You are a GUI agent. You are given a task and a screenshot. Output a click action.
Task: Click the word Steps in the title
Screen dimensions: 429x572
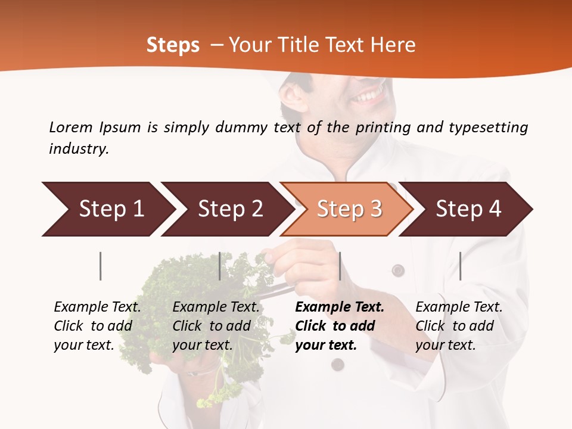click(x=173, y=45)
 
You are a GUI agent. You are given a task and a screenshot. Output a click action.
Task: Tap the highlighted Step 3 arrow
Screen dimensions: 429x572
click(x=349, y=209)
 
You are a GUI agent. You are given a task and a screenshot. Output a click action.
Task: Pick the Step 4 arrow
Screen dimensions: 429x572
click(x=468, y=209)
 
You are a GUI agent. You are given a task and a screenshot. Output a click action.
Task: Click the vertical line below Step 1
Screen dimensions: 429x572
click(x=101, y=266)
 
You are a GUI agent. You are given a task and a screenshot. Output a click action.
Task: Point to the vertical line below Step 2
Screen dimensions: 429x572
click(x=220, y=266)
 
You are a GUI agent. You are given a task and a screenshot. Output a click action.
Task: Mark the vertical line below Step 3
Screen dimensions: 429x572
click(x=340, y=266)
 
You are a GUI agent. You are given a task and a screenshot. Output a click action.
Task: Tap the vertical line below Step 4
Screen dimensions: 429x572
click(x=460, y=266)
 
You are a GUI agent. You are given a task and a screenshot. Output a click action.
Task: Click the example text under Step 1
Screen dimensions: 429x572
click(x=97, y=326)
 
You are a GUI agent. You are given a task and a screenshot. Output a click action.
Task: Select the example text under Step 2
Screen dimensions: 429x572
click(x=216, y=326)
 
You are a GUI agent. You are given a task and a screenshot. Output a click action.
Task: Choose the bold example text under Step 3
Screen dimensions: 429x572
click(x=340, y=326)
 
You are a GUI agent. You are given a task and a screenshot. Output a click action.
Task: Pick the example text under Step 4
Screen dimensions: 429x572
click(x=459, y=326)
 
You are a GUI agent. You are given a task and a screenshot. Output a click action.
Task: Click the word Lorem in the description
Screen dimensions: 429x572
click(x=71, y=127)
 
